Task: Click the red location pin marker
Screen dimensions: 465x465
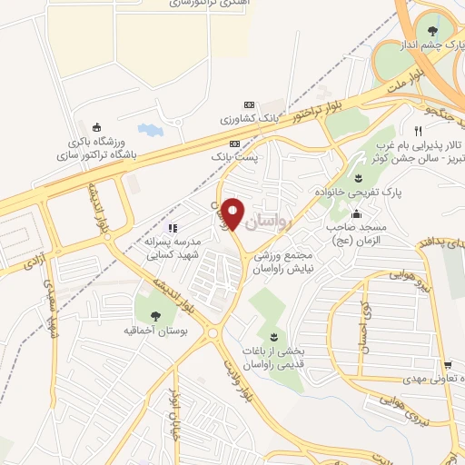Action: coord(234,213)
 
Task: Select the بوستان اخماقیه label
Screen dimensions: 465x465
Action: coord(154,331)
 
